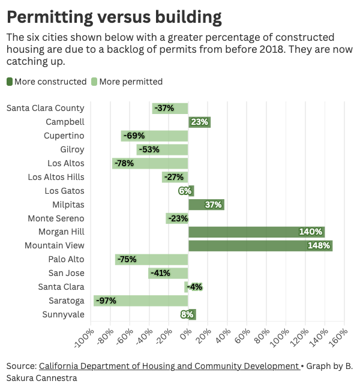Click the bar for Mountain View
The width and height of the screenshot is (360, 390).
point(260,245)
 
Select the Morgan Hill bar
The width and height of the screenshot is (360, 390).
point(256,232)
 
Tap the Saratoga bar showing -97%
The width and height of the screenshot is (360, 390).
point(141,301)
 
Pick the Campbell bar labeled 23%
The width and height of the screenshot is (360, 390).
point(199,122)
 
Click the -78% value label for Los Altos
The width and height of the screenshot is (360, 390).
point(125,163)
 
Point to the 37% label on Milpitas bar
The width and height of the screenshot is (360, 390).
point(214,205)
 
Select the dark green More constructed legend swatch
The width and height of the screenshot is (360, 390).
point(10,82)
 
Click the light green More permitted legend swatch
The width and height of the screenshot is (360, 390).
point(94,82)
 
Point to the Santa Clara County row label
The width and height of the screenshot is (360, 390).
point(46,108)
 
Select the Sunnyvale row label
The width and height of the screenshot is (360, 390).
point(64,314)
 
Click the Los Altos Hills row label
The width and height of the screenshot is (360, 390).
point(56,177)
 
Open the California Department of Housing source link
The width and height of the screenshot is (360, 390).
point(168,366)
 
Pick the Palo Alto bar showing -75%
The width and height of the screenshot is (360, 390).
point(152,259)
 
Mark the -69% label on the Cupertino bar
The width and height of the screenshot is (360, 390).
point(134,136)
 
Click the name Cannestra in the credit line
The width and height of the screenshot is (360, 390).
point(55,378)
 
